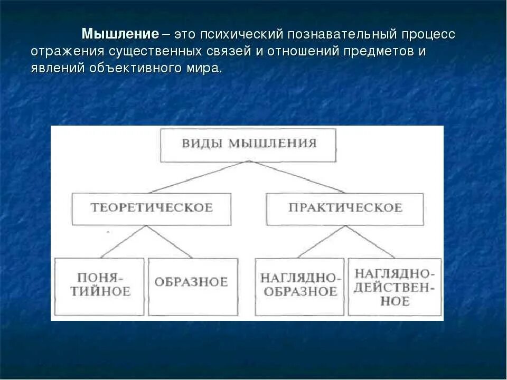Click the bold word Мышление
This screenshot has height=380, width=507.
coord(120,35)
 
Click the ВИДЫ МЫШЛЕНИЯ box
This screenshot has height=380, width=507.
coord(248,144)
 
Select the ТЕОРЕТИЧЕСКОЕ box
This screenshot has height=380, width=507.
coord(152,208)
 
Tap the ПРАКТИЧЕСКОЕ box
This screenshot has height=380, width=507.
coord(345,208)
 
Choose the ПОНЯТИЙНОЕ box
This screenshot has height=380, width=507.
coord(99,286)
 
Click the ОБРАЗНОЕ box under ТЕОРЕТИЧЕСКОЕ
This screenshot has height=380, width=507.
coord(191,286)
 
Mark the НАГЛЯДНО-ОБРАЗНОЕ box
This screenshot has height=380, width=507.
coord(299,286)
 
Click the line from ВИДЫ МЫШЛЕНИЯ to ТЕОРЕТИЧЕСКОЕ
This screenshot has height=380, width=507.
coord(200,177)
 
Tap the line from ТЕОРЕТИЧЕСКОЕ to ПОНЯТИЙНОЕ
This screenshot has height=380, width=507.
coord(124,242)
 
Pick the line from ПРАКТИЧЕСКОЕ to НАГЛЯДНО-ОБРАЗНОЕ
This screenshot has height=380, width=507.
coord(322,242)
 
